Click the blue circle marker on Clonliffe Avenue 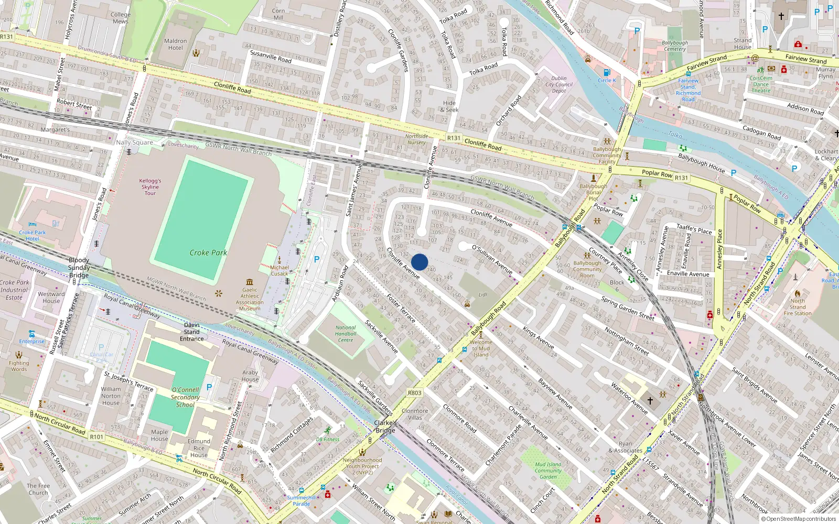click(419, 262)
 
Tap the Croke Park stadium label click(208, 253)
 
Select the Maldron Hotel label click(176, 44)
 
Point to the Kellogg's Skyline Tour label click(150, 187)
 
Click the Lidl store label click(483, 294)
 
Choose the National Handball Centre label click(346, 334)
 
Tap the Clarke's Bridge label click(385, 427)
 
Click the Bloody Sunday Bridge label click(79, 267)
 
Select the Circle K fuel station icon click(607, 72)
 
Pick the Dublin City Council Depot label click(559, 84)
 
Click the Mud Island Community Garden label click(548, 470)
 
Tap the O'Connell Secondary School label click(186, 397)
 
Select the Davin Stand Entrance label click(192, 332)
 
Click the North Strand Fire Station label click(798, 307)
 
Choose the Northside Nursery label click(416, 139)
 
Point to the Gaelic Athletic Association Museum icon click(250, 282)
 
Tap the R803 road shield click(414, 392)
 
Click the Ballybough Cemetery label click(675, 46)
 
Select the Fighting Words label click(19, 366)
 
